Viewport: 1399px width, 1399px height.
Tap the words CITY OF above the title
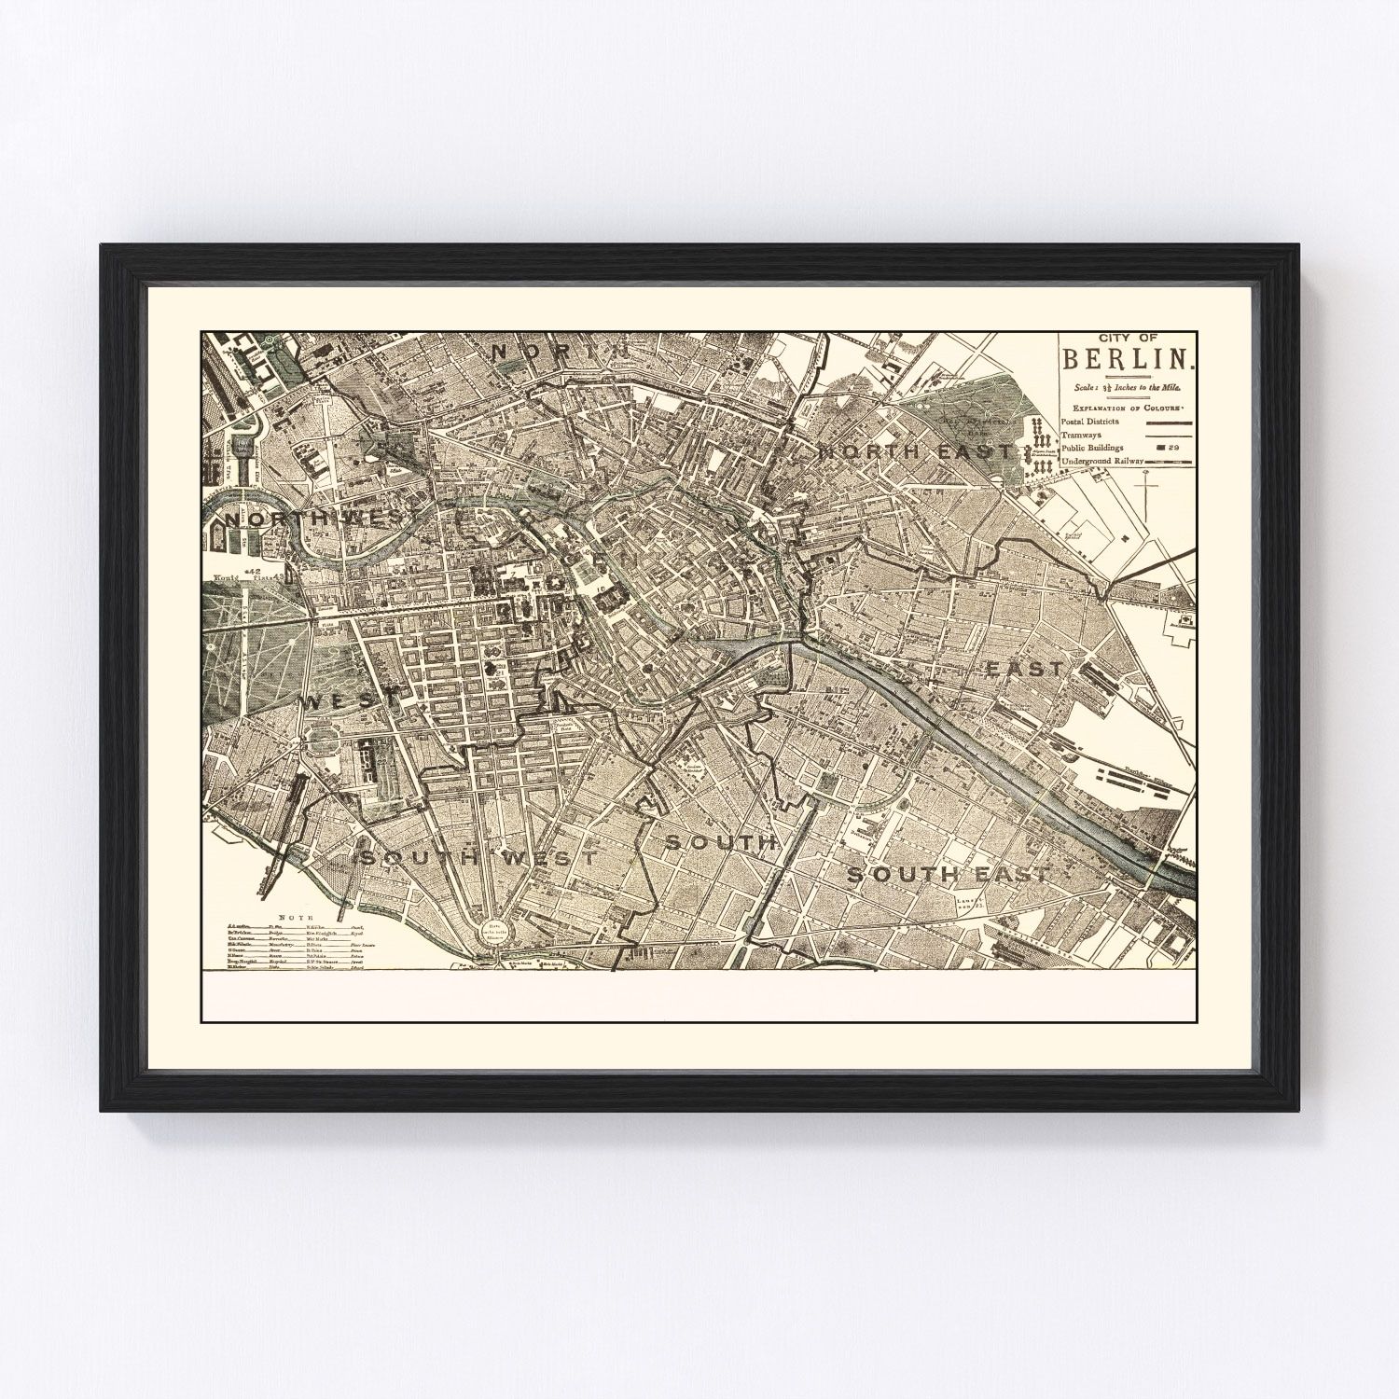(1128, 339)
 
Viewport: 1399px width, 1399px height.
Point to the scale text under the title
(1128, 384)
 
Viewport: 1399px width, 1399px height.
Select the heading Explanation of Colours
(1128, 409)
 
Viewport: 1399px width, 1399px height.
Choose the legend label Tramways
(1082, 435)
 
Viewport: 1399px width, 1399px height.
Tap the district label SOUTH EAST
(948, 874)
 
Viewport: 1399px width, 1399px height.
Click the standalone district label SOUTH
(720, 842)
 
